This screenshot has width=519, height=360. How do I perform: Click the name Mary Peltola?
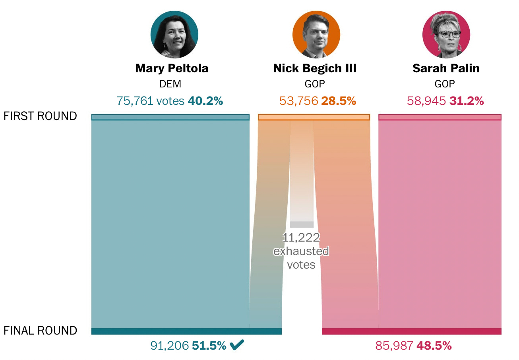click(x=172, y=68)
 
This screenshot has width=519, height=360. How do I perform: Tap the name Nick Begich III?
click(x=315, y=68)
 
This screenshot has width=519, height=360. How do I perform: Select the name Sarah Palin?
click(x=446, y=68)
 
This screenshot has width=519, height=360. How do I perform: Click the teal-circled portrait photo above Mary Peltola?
click(x=174, y=35)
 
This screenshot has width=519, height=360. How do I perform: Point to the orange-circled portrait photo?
click(x=316, y=35)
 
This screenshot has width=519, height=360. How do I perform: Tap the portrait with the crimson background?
click(x=446, y=35)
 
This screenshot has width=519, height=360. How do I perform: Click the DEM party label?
click(x=170, y=84)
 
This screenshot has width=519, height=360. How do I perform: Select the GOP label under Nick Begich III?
click(x=315, y=84)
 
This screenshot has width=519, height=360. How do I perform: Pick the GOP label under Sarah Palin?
click(x=445, y=84)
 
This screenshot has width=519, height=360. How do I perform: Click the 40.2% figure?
click(x=205, y=101)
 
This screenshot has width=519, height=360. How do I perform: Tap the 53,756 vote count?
click(x=299, y=101)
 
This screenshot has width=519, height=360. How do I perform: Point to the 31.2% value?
click(x=467, y=101)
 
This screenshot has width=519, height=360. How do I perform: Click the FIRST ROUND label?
click(x=40, y=116)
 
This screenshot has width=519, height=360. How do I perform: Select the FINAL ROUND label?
click(x=40, y=331)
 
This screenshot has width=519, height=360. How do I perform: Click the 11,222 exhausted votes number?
click(x=301, y=238)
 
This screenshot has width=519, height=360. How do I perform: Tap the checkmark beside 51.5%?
click(x=237, y=345)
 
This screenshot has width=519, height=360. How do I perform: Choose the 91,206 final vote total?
click(x=169, y=346)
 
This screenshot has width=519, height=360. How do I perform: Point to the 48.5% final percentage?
click(x=434, y=346)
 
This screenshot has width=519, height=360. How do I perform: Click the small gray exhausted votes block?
click(x=302, y=225)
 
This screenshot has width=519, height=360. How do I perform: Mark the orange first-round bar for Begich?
click(x=314, y=117)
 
